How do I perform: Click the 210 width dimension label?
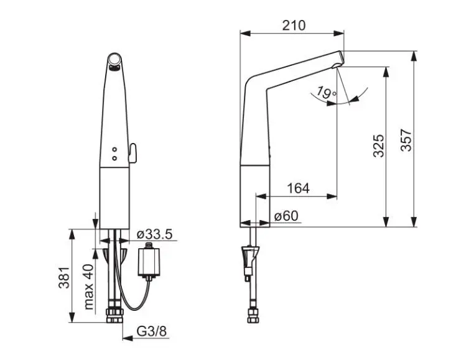[294, 25]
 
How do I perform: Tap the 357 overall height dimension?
[406, 140]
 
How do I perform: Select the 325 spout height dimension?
[378, 145]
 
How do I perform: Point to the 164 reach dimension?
[298, 188]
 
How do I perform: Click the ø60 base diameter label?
[286, 216]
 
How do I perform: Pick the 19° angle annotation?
[326, 93]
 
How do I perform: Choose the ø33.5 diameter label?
[155, 234]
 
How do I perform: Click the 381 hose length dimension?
[64, 277]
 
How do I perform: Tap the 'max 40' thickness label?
[89, 287]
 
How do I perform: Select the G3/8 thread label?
[152, 331]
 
